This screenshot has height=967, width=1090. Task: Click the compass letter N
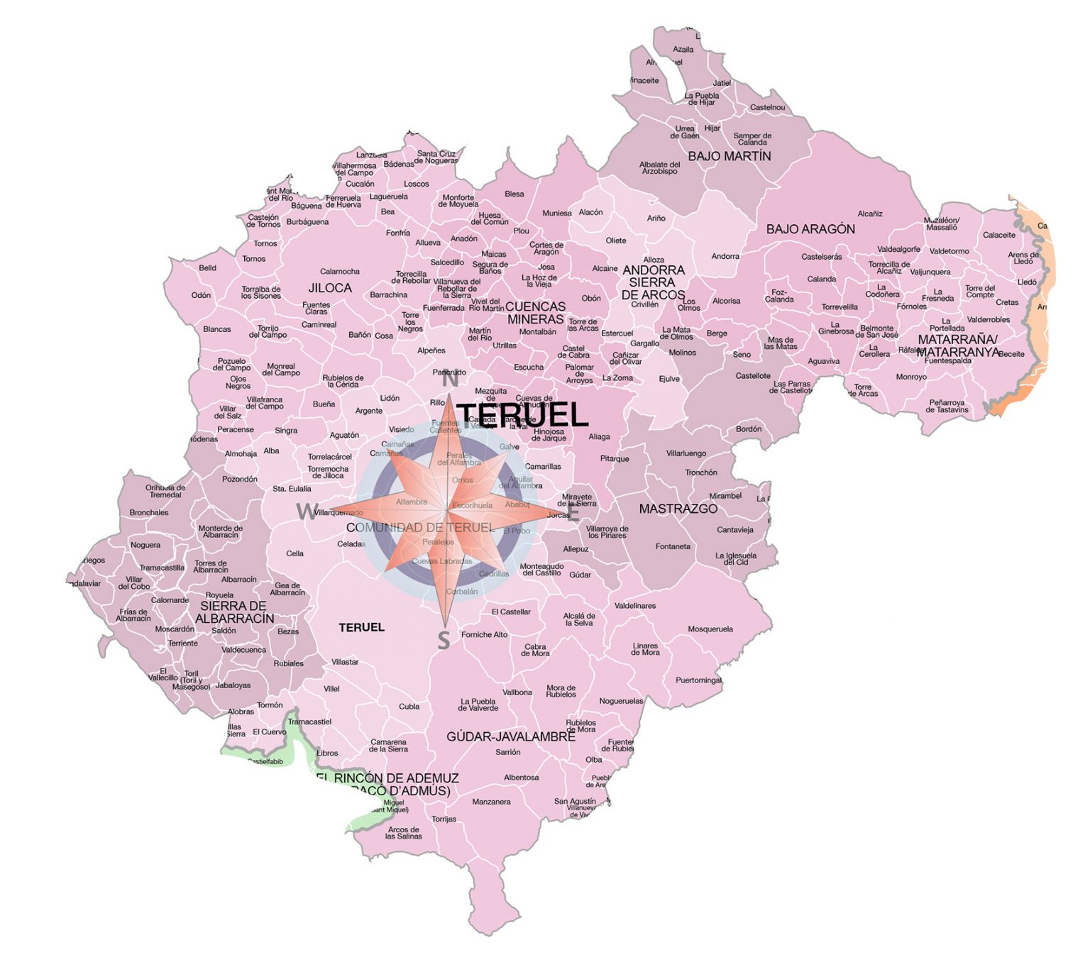(x=450, y=380)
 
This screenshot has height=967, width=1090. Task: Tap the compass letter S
(x=444, y=640)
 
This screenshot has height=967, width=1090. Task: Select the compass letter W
(x=307, y=511)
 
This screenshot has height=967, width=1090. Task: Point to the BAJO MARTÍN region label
(x=729, y=156)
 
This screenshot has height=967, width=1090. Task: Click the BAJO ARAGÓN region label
(x=810, y=229)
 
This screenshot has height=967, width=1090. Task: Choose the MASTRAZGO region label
(x=678, y=509)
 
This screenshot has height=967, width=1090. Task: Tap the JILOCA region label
(x=330, y=288)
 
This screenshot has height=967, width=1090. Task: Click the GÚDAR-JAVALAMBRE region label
(x=510, y=736)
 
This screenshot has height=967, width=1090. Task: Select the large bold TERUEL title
(x=523, y=415)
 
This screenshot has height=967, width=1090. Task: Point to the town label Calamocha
(x=340, y=271)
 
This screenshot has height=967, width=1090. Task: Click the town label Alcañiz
(x=870, y=214)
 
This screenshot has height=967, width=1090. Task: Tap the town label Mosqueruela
(x=710, y=629)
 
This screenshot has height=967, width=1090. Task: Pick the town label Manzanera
(x=491, y=802)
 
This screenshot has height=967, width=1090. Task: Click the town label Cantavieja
(x=735, y=530)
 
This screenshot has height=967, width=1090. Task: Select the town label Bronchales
(x=149, y=512)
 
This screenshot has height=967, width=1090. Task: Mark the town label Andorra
(x=725, y=256)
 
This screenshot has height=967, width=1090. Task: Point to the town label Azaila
(x=683, y=50)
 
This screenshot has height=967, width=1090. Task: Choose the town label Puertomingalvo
(x=699, y=680)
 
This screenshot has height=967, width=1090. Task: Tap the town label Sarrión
(x=508, y=752)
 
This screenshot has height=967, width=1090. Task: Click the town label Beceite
(x=1011, y=354)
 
